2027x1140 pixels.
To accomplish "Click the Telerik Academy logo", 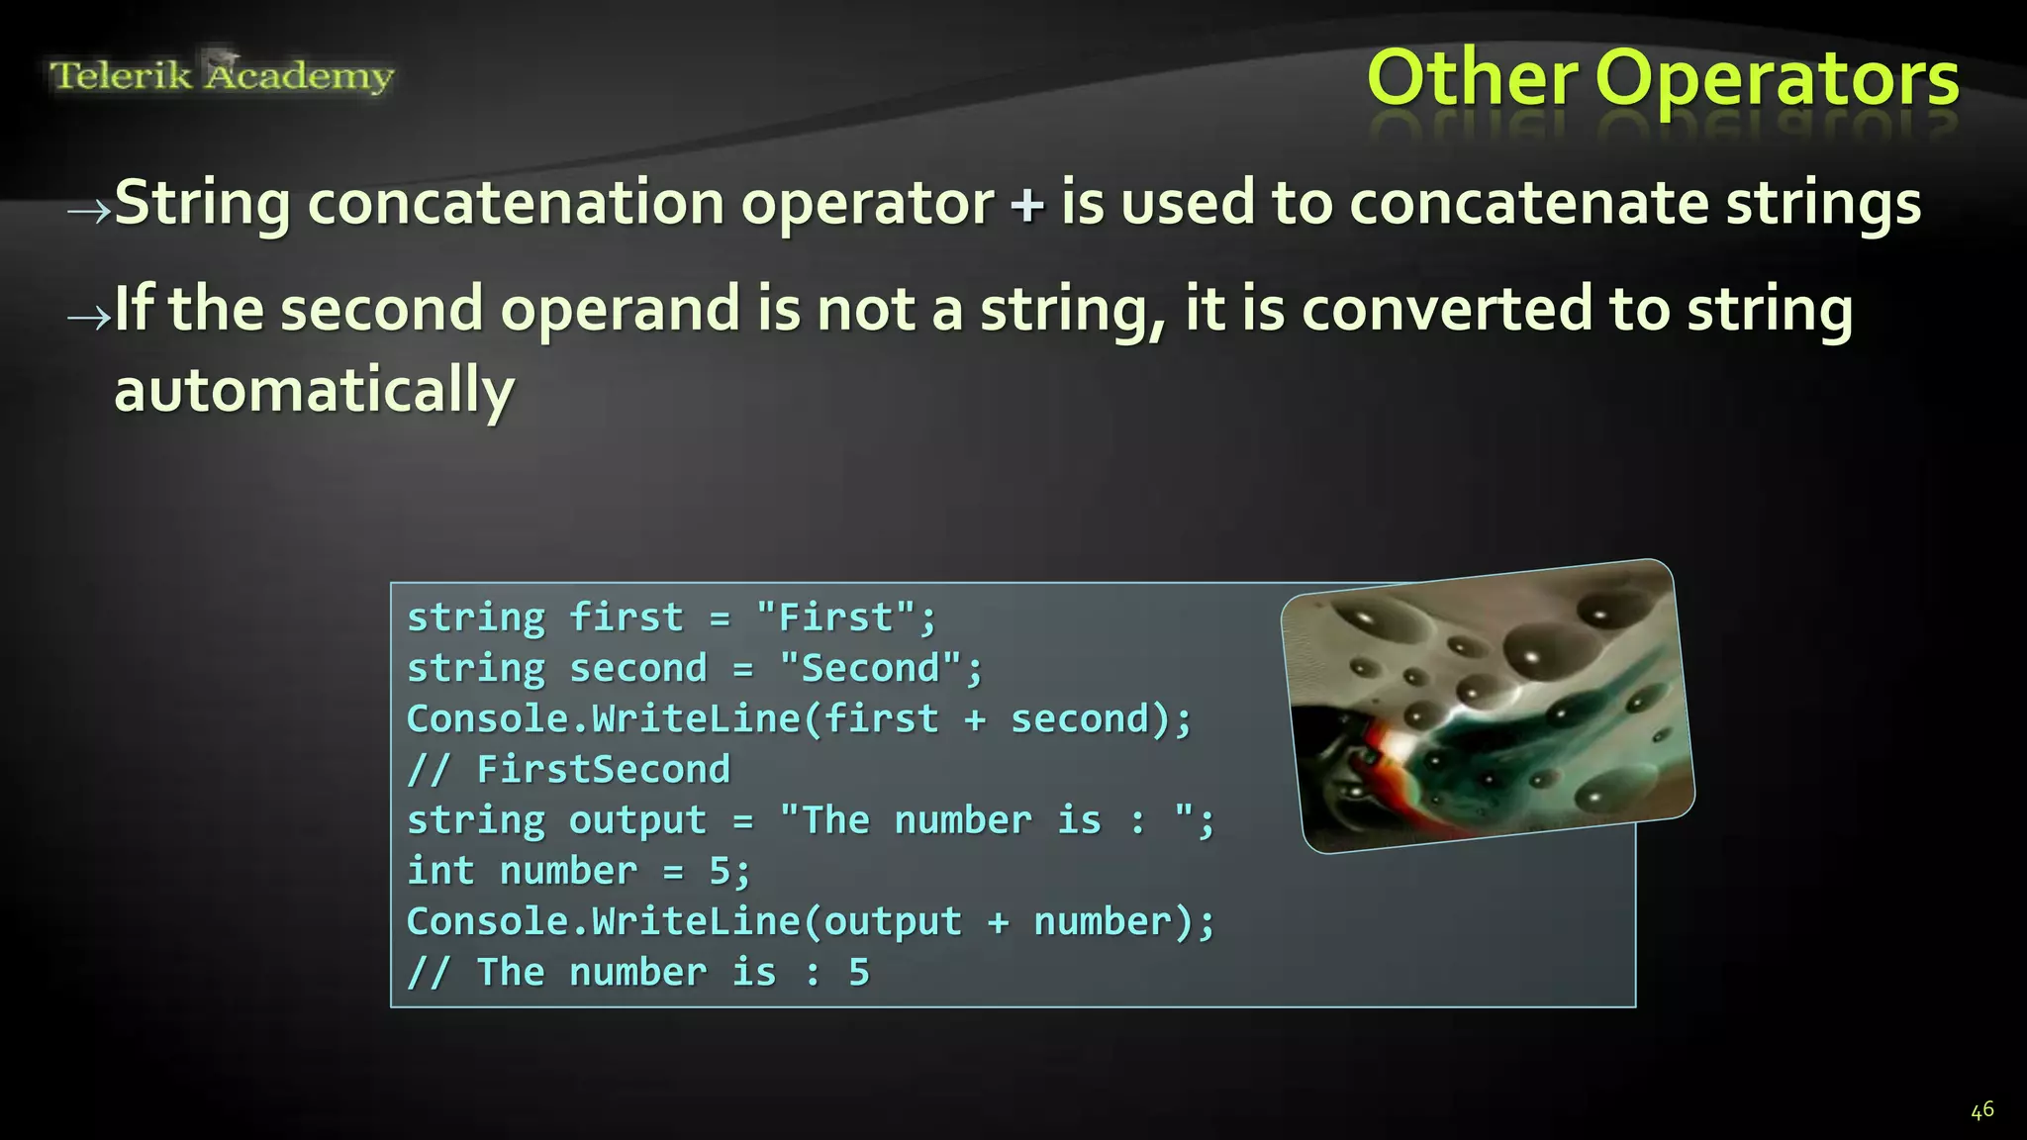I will pyautogui.click(x=222, y=75).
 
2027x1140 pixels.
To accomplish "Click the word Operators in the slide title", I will pyautogui.click(x=1777, y=79).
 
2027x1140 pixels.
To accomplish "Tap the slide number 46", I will pyautogui.click(x=1981, y=1110).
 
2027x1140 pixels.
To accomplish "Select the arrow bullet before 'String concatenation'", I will pyautogui.click(x=88, y=209).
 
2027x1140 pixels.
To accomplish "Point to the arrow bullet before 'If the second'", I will pyautogui.click(x=88, y=316).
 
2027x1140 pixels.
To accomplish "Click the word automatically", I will pyautogui.click(x=314, y=390).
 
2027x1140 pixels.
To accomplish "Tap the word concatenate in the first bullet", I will pyautogui.click(x=1528, y=204).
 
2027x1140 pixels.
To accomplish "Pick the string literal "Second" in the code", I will pyautogui.click(x=870, y=668).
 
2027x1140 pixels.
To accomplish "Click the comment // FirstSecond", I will pyautogui.click(x=569, y=770).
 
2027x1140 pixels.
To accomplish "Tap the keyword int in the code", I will pyautogui.click(x=441, y=871).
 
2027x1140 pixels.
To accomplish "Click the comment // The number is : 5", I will pyautogui.click(x=638, y=973).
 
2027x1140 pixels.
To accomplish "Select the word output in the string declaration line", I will pyautogui.click(x=637, y=820).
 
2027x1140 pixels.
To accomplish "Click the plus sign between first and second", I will pyautogui.click(x=975, y=719).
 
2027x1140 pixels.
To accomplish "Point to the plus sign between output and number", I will pyautogui.click(x=998, y=922).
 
